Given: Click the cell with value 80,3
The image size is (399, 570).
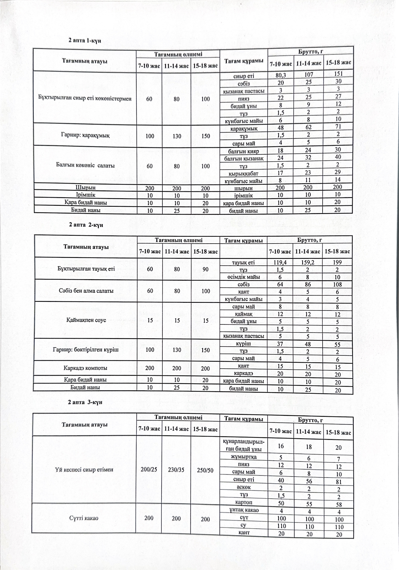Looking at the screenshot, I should pos(280,75).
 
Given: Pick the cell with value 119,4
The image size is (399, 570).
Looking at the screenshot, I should pos(280,262).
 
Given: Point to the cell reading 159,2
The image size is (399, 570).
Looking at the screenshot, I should pos(308,262).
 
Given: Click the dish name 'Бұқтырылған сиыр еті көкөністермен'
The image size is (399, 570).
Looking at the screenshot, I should pos(85,99).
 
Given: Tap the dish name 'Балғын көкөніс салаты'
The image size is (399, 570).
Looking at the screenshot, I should pos(85,165).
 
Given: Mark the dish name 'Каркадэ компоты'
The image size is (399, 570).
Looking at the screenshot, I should pos(86,368).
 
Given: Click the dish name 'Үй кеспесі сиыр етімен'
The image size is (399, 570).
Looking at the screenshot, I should pos(84,470).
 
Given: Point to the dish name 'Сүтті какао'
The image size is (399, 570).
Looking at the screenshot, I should pos(84,518).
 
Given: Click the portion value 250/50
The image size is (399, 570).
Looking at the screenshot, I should pos(205,470).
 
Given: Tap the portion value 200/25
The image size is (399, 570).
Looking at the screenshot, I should pos(149,470).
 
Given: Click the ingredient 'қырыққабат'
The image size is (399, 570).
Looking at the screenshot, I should pos(243,174).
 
